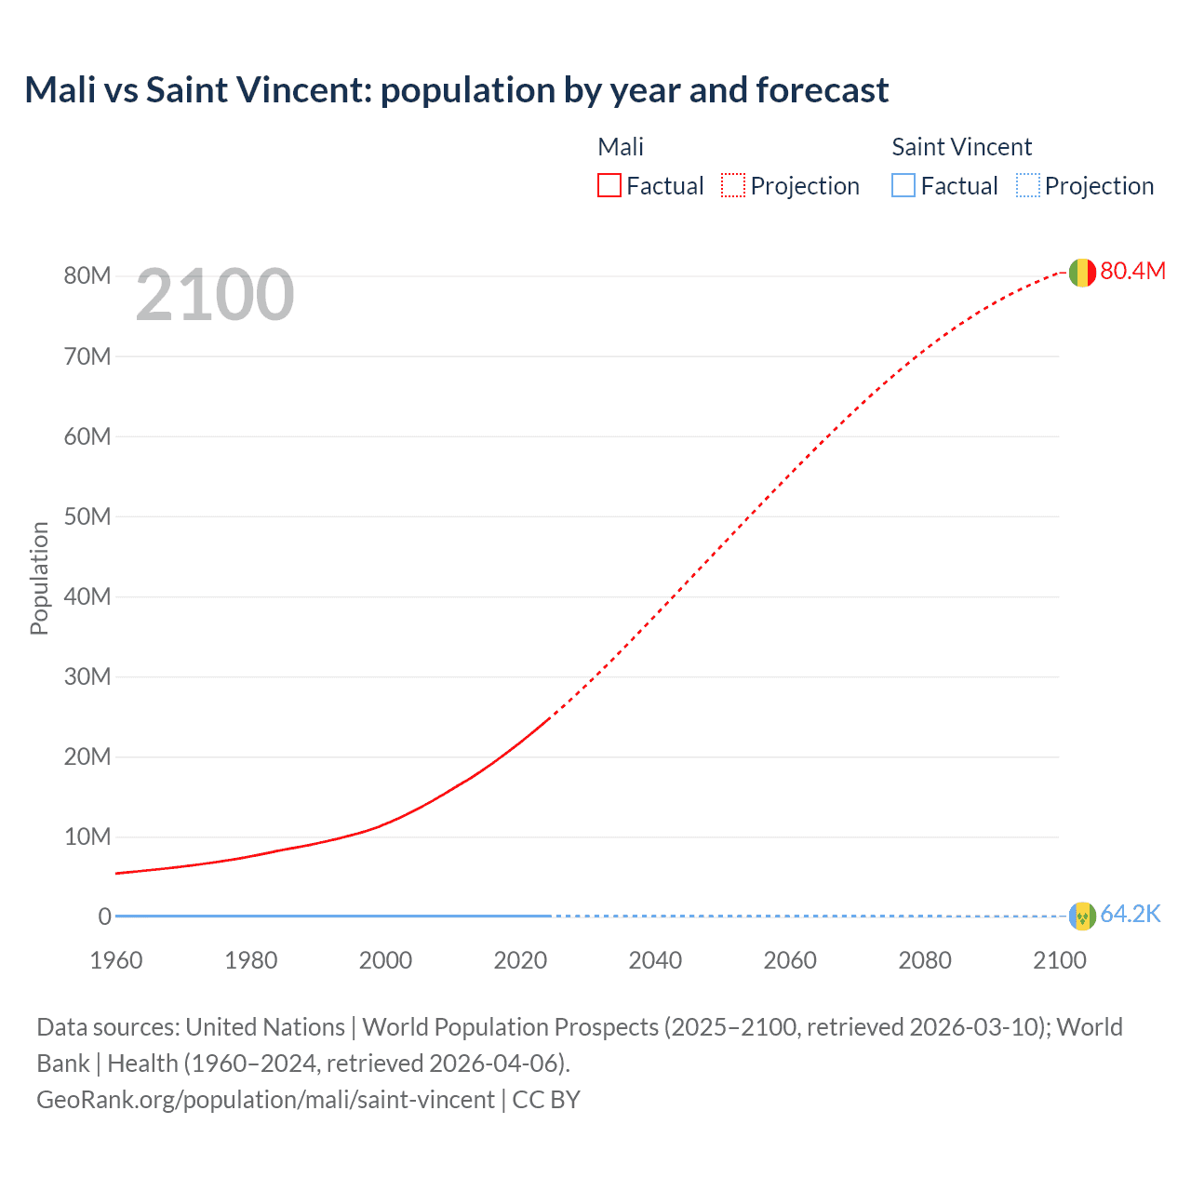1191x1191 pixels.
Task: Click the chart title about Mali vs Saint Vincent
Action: pos(456,90)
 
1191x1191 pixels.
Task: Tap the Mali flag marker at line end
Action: pos(1081,273)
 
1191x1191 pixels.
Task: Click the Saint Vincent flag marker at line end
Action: pos(1081,917)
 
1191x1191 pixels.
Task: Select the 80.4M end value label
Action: pos(1132,271)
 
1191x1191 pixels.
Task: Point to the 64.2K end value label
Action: pos(1131,915)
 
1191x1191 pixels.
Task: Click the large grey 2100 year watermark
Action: pos(215,295)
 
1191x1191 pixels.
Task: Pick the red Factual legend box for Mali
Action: pos(609,186)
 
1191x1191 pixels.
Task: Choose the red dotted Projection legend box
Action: pos(733,186)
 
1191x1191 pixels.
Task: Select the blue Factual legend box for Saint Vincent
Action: pos(903,186)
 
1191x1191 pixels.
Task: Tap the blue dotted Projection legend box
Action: pos(1028,186)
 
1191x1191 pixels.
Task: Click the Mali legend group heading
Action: pos(621,147)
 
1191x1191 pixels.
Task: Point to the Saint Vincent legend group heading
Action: pos(961,147)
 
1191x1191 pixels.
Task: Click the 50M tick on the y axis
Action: pos(87,516)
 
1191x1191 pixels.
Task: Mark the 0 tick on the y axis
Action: pos(104,917)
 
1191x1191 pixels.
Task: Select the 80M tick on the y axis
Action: pos(87,276)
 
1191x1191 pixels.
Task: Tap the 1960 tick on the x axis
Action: pos(116,960)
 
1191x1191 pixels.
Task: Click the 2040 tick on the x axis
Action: pos(655,960)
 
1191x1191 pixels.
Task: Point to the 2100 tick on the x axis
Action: pos(1059,960)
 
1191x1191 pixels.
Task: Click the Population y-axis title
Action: pos(39,578)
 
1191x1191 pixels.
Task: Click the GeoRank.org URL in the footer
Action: pos(265,1100)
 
